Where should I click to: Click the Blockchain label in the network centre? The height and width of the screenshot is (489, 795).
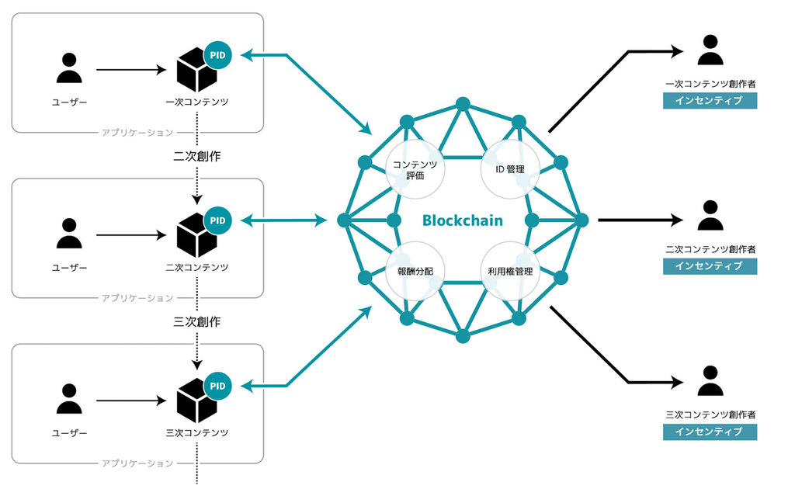pyautogui.click(x=462, y=220)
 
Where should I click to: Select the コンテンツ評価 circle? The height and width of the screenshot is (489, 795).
pyautogui.click(x=415, y=169)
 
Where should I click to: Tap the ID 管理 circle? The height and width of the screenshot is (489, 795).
pyautogui.click(x=510, y=169)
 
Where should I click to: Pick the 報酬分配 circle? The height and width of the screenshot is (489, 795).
pyautogui.click(x=415, y=272)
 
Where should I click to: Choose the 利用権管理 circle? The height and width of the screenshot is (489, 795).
pyautogui.click(x=510, y=272)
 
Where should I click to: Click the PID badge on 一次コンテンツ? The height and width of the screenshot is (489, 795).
pyautogui.click(x=218, y=56)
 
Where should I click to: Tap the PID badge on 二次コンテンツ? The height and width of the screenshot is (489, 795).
pyautogui.click(x=218, y=220)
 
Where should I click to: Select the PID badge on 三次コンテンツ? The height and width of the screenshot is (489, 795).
pyautogui.click(x=218, y=385)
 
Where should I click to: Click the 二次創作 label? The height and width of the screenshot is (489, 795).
pyautogui.click(x=196, y=155)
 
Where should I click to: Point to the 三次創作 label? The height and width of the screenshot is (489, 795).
pyautogui.click(x=196, y=320)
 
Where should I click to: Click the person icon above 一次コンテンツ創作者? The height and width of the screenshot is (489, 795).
pyautogui.click(x=710, y=51)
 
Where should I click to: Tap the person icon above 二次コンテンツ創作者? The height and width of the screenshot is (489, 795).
pyautogui.click(x=710, y=216)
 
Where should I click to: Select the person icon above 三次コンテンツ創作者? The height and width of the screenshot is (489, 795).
pyautogui.click(x=710, y=381)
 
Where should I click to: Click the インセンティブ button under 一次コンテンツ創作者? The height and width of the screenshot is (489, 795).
pyautogui.click(x=710, y=101)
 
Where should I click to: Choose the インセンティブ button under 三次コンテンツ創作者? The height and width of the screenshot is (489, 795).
pyautogui.click(x=710, y=432)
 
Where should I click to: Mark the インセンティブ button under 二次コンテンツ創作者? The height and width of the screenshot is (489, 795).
pyautogui.click(x=710, y=266)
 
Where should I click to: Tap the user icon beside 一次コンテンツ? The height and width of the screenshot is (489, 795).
pyautogui.click(x=69, y=70)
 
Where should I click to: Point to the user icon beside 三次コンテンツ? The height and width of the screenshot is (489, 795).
pyautogui.click(x=69, y=401)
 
